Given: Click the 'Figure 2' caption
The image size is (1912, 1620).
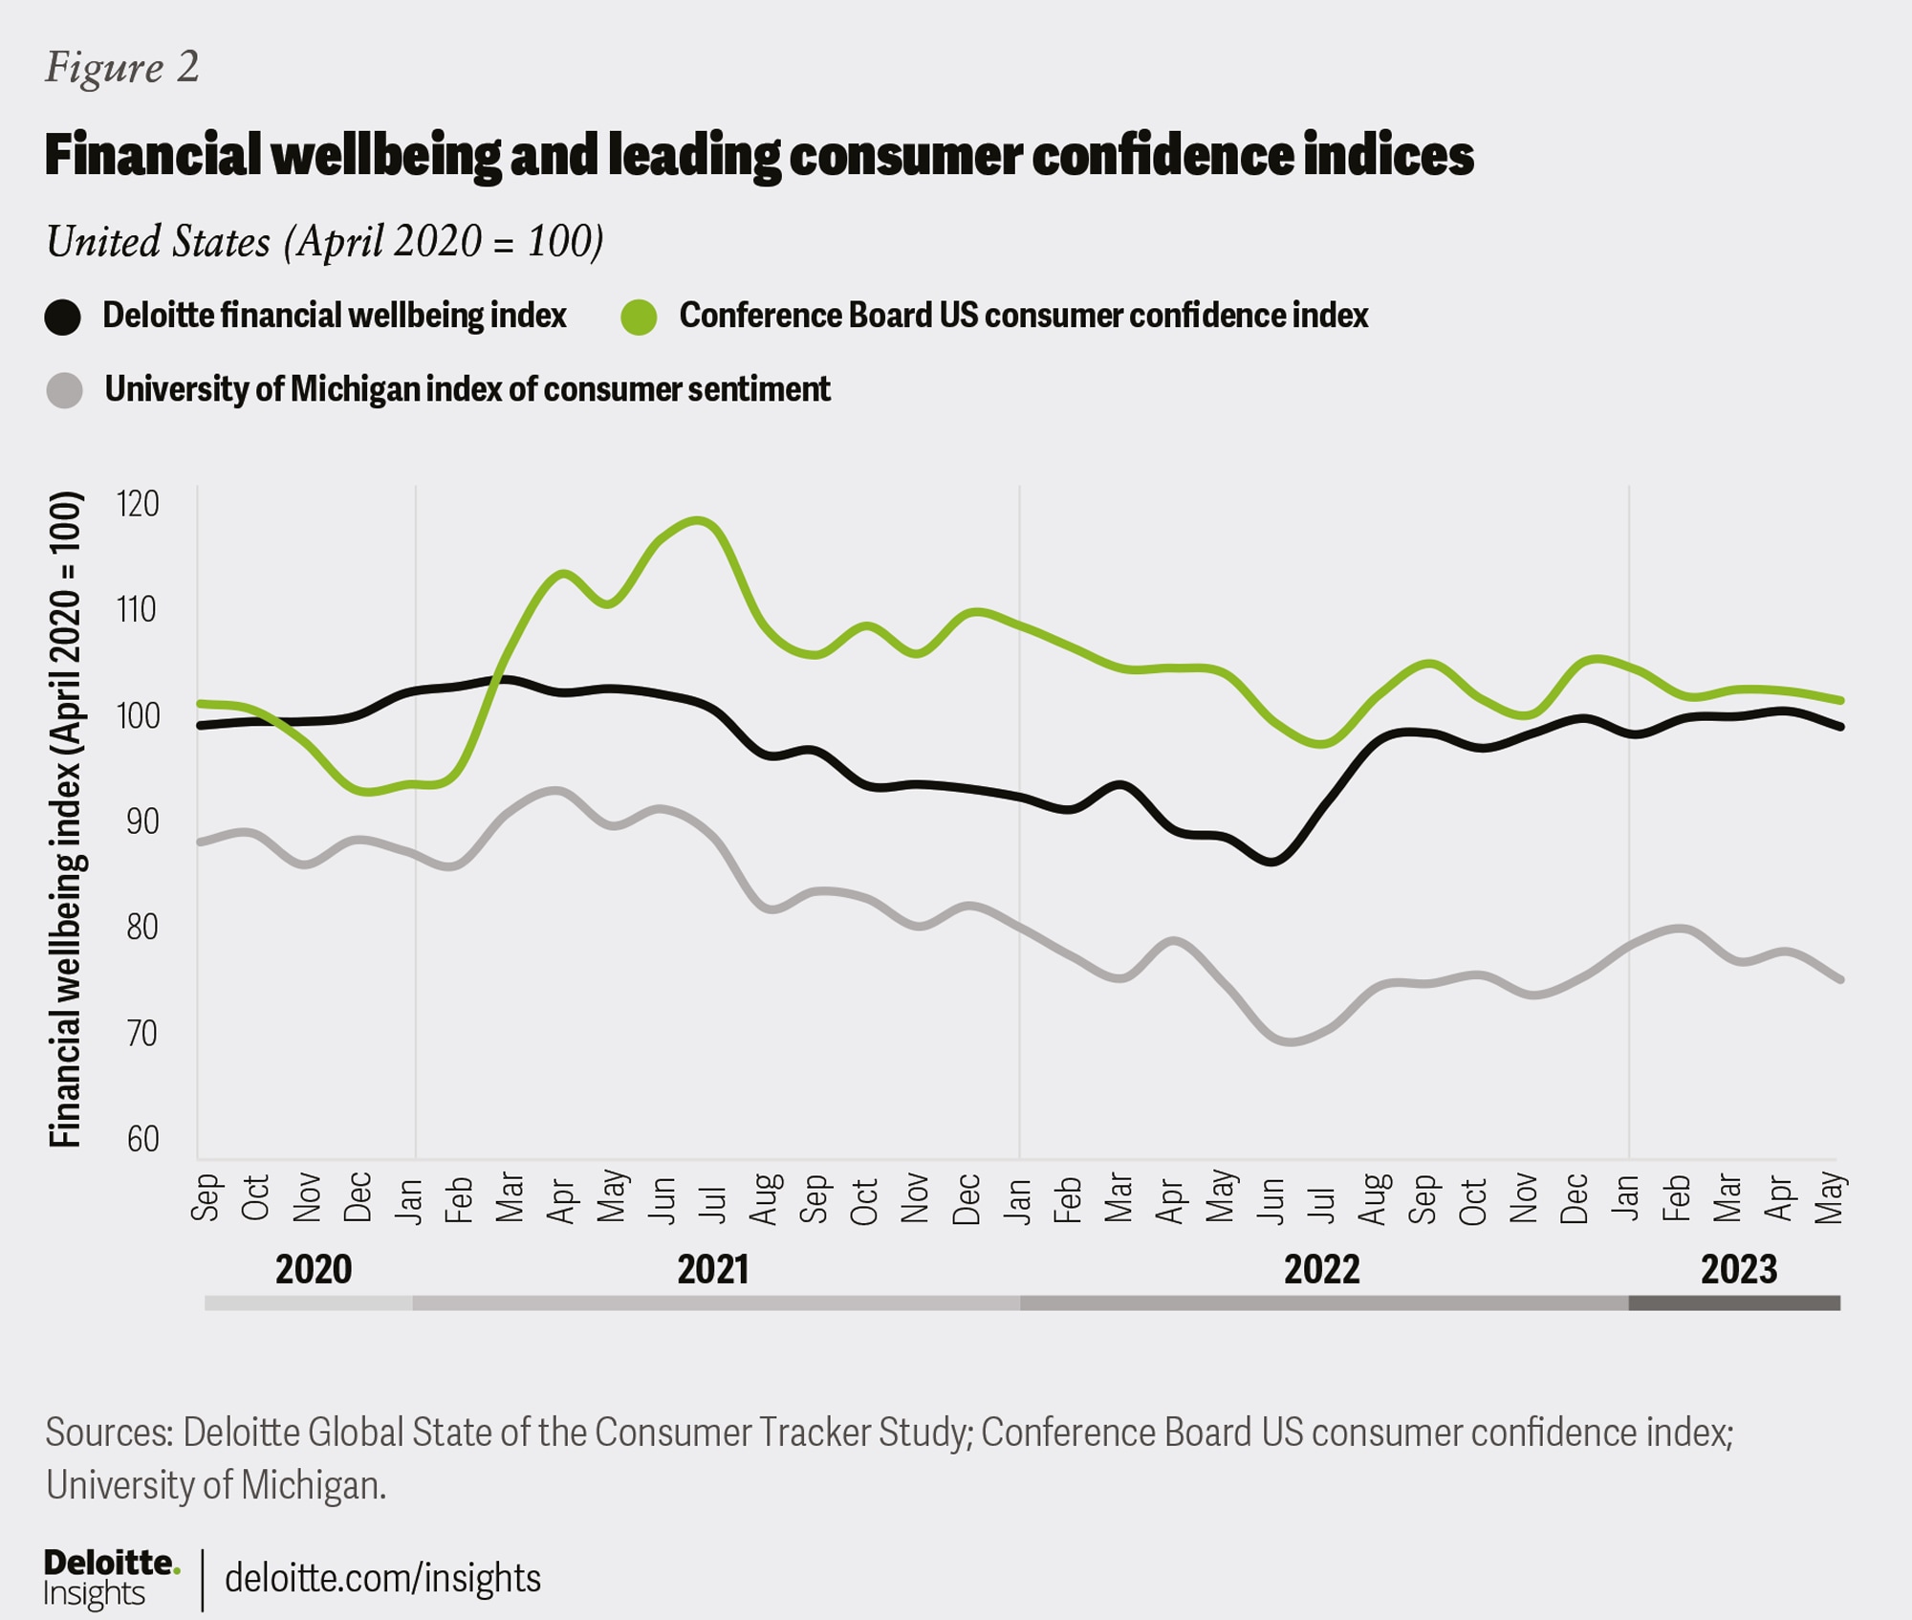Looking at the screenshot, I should [122, 68].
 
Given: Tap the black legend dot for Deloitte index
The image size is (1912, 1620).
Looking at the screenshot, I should [63, 317].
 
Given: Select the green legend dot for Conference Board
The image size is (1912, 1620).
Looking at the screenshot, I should [639, 317].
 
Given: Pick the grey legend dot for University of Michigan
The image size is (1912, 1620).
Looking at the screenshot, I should [64, 390].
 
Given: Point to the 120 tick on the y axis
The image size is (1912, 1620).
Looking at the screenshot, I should [138, 504].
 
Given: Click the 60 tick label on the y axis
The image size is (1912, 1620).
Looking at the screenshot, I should [142, 1139].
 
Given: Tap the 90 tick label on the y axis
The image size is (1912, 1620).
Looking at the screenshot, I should [142, 821].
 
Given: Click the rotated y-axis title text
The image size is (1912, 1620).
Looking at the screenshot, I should [66, 820].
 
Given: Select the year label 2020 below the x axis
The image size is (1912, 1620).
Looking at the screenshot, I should [314, 1270].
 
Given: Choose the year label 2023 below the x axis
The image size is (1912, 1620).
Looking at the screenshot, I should [1739, 1270].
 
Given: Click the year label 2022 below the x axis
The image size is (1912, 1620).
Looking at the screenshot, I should [1322, 1270].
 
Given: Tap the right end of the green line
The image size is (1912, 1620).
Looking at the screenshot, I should [1839, 701].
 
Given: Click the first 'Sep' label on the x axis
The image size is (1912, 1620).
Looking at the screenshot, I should [206, 1197].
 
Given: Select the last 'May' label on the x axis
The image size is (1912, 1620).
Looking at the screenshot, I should [1829, 1197].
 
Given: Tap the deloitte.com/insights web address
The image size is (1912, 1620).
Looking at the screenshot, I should [382, 1578].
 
